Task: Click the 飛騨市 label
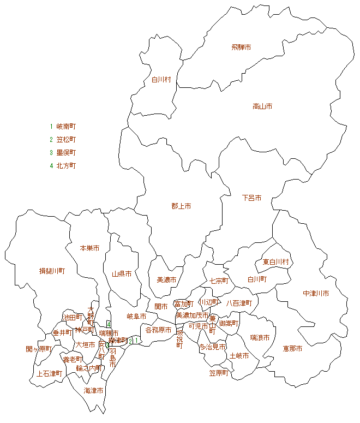pos(241,47)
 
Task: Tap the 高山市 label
pos(262,106)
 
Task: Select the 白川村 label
pos(161,80)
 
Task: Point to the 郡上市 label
pos(181,206)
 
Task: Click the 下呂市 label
pos(251,198)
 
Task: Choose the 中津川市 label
pos(316,294)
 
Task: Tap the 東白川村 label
pos(275,263)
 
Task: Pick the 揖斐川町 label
pos(52,271)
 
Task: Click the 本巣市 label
pos(89,248)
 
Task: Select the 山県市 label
pos(122,274)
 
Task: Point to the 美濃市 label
pos(166,280)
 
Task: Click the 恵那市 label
pos(292,349)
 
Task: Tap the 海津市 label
pos(94,391)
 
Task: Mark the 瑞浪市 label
pos(260,338)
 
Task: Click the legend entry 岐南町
pos(66,126)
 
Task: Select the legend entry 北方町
pos(66,165)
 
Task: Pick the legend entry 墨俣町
pos(66,152)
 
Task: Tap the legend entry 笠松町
pos(66,139)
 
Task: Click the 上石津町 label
pos(49,374)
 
